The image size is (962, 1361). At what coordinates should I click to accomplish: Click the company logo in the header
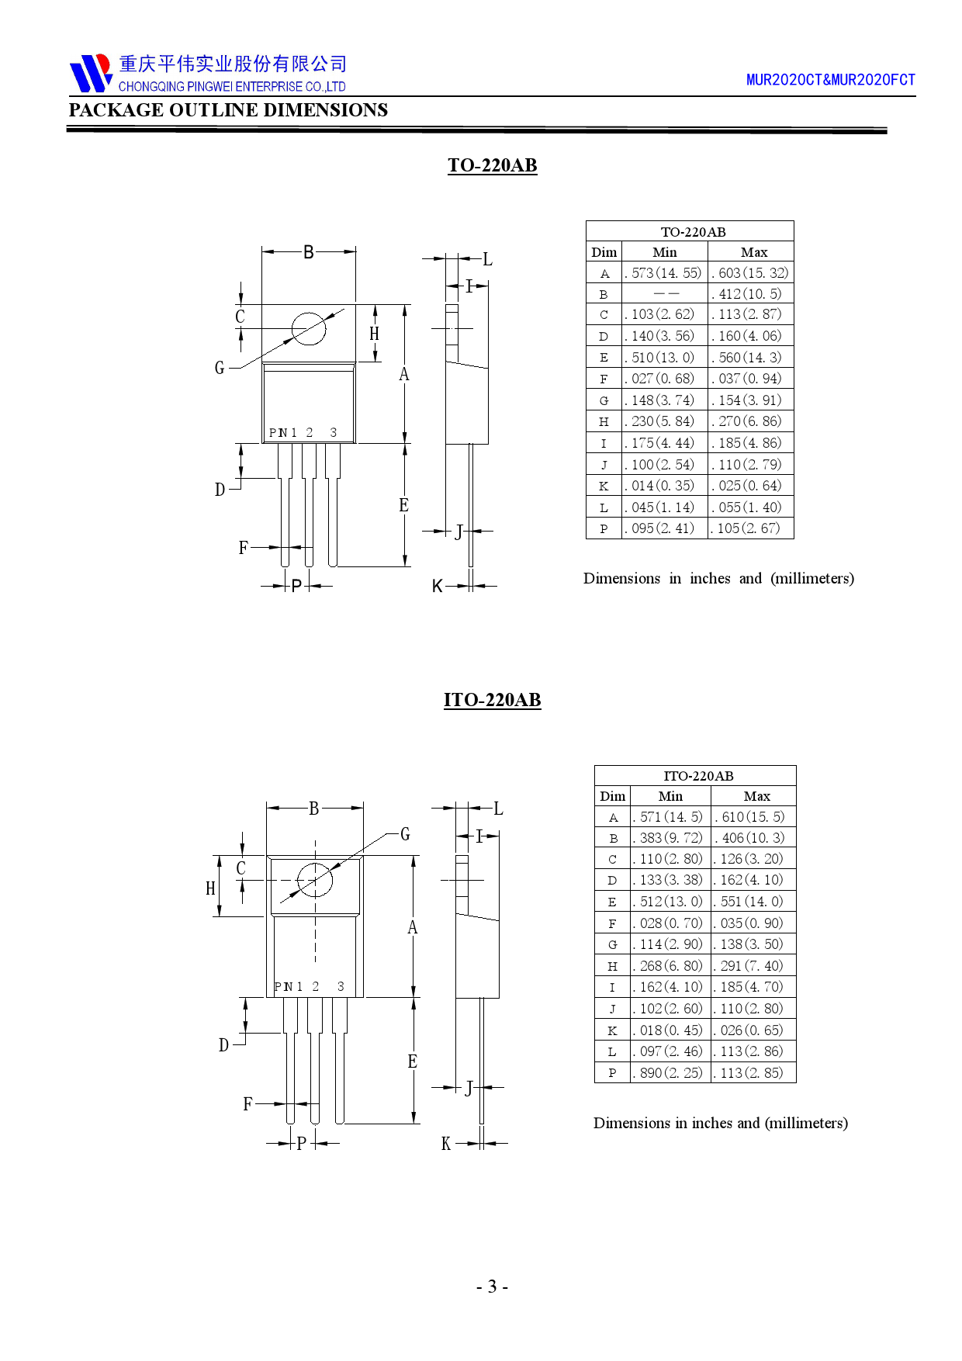tap(91, 73)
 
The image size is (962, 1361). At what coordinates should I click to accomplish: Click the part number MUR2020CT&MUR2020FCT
tap(830, 80)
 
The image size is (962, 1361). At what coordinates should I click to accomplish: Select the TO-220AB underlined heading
tap(493, 165)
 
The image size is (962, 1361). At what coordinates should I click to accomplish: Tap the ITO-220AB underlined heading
tap(493, 700)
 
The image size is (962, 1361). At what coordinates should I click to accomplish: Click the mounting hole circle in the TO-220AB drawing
tap(309, 329)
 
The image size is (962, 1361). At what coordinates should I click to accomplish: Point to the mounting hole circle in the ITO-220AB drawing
tap(315, 880)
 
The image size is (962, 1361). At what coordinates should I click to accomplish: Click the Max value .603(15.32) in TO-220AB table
tap(751, 273)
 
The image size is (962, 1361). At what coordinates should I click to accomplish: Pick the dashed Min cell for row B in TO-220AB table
tap(666, 294)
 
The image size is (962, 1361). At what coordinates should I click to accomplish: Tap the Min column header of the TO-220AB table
tap(665, 252)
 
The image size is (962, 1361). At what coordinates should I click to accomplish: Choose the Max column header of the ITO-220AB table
tap(756, 796)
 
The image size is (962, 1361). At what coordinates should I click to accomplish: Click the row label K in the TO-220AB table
tap(604, 487)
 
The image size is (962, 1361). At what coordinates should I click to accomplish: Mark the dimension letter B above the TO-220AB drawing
tap(309, 252)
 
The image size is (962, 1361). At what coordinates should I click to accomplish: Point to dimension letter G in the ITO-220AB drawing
tap(405, 834)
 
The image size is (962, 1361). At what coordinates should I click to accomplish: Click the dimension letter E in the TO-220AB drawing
tap(403, 505)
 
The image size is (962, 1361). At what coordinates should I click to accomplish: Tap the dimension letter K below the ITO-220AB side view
tap(446, 1144)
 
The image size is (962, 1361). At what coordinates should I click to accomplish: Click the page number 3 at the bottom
tap(492, 1287)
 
